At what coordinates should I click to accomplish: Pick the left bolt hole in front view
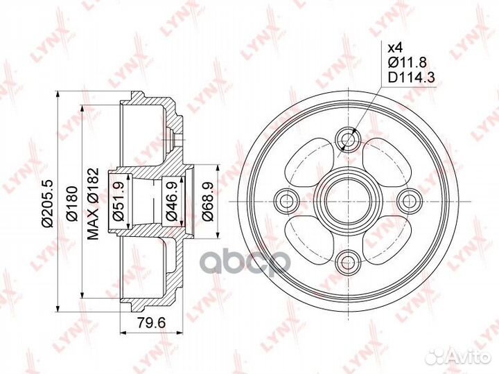point(286,201)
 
